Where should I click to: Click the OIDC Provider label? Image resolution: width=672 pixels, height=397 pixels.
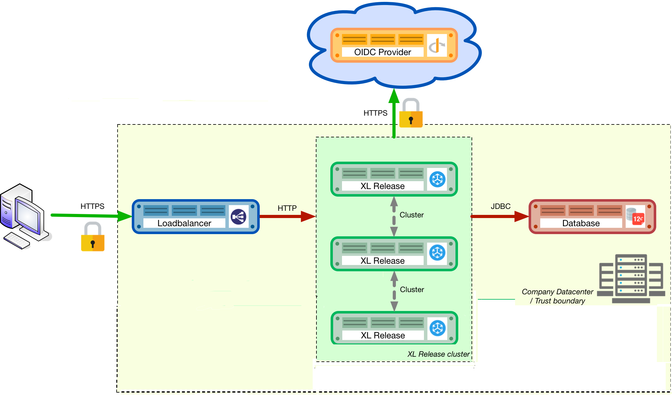pos(382,52)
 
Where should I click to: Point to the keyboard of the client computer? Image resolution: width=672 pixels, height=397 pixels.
pos(16,241)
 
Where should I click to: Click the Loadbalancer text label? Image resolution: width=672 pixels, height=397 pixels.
pos(184,223)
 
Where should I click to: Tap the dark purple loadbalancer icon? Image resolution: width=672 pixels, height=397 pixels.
pos(239,217)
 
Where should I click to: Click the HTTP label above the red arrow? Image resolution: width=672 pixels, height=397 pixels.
pos(287,208)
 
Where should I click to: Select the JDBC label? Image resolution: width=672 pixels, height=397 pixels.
pos(501,206)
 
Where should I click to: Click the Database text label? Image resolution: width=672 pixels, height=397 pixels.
pos(581,223)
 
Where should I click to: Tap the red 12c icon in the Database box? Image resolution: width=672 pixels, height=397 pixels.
pos(638,218)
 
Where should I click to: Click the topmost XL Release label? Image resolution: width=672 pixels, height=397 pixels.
pos(382,186)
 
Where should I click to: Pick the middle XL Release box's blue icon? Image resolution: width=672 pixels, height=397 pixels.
pos(437,253)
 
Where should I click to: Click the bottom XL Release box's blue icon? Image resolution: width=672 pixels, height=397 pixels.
pos(437,328)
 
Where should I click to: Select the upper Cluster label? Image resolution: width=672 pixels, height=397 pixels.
pos(411,215)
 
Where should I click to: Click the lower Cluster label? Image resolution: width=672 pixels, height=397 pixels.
pos(412,290)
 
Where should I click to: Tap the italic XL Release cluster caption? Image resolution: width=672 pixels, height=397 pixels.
pos(438,354)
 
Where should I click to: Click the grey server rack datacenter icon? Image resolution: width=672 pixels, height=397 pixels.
pos(631,279)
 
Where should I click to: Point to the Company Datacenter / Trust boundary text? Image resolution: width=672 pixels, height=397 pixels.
pos(557,296)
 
